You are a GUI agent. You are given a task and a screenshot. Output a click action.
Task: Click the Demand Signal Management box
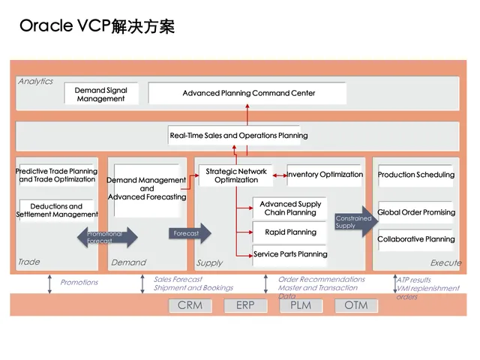(x=101, y=94)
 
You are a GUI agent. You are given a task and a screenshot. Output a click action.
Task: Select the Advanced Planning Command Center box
(x=248, y=93)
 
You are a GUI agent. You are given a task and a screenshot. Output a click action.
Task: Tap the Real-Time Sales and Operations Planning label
(x=238, y=136)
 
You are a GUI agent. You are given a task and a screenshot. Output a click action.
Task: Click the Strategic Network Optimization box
(x=236, y=175)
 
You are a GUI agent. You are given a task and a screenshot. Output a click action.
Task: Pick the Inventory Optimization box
(x=325, y=175)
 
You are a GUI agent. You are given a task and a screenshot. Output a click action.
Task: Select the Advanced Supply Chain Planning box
(x=290, y=208)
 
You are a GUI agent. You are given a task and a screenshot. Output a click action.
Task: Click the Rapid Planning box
(x=290, y=232)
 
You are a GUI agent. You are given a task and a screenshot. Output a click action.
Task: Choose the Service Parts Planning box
(x=290, y=254)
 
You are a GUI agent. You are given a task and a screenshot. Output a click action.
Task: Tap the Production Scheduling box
(x=415, y=175)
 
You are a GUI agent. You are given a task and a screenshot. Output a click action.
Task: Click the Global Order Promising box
(x=415, y=212)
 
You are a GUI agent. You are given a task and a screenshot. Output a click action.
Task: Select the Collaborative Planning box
(x=415, y=239)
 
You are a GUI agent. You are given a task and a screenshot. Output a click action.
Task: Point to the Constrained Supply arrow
(x=356, y=222)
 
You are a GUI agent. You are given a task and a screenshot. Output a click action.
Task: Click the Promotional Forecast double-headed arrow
(x=108, y=238)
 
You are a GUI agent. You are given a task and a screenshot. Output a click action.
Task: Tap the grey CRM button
(x=190, y=305)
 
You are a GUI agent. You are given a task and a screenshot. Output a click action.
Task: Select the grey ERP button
(x=245, y=305)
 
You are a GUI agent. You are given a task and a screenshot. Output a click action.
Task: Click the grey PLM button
(x=301, y=305)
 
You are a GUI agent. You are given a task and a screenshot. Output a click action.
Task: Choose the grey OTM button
(x=356, y=305)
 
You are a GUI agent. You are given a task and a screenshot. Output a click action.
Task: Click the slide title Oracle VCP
(x=97, y=27)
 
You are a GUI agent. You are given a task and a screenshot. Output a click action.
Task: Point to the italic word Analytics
(x=35, y=81)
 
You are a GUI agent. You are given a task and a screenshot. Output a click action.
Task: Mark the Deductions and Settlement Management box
(x=57, y=211)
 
